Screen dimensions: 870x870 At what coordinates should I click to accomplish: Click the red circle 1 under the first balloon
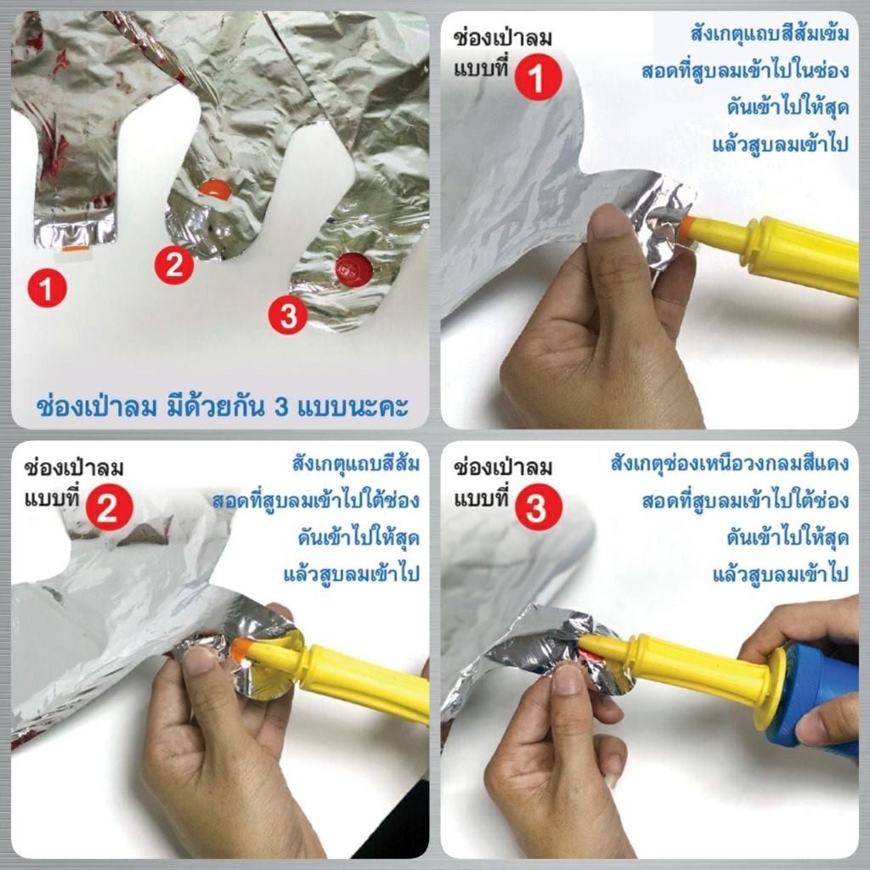[48, 289]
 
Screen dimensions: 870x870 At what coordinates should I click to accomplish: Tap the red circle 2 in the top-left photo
[174, 265]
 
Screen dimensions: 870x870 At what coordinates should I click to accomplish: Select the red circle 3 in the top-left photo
[288, 315]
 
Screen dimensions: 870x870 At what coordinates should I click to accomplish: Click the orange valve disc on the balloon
[215, 189]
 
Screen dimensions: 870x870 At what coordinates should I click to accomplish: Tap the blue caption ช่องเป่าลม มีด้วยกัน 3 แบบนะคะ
[222, 405]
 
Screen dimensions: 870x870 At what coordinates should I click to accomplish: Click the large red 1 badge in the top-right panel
[538, 77]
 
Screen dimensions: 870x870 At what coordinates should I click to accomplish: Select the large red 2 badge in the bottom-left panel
[110, 506]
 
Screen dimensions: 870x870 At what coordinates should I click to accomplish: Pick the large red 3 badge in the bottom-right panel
[538, 507]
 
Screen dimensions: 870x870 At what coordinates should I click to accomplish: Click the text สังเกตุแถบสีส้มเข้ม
[770, 34]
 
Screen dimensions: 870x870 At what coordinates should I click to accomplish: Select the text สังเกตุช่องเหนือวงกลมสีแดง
[730, 463]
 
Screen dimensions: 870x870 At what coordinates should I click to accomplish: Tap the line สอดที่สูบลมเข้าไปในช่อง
[746, 71]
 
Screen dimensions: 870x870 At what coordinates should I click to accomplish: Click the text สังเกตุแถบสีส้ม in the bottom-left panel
[356, 464]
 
